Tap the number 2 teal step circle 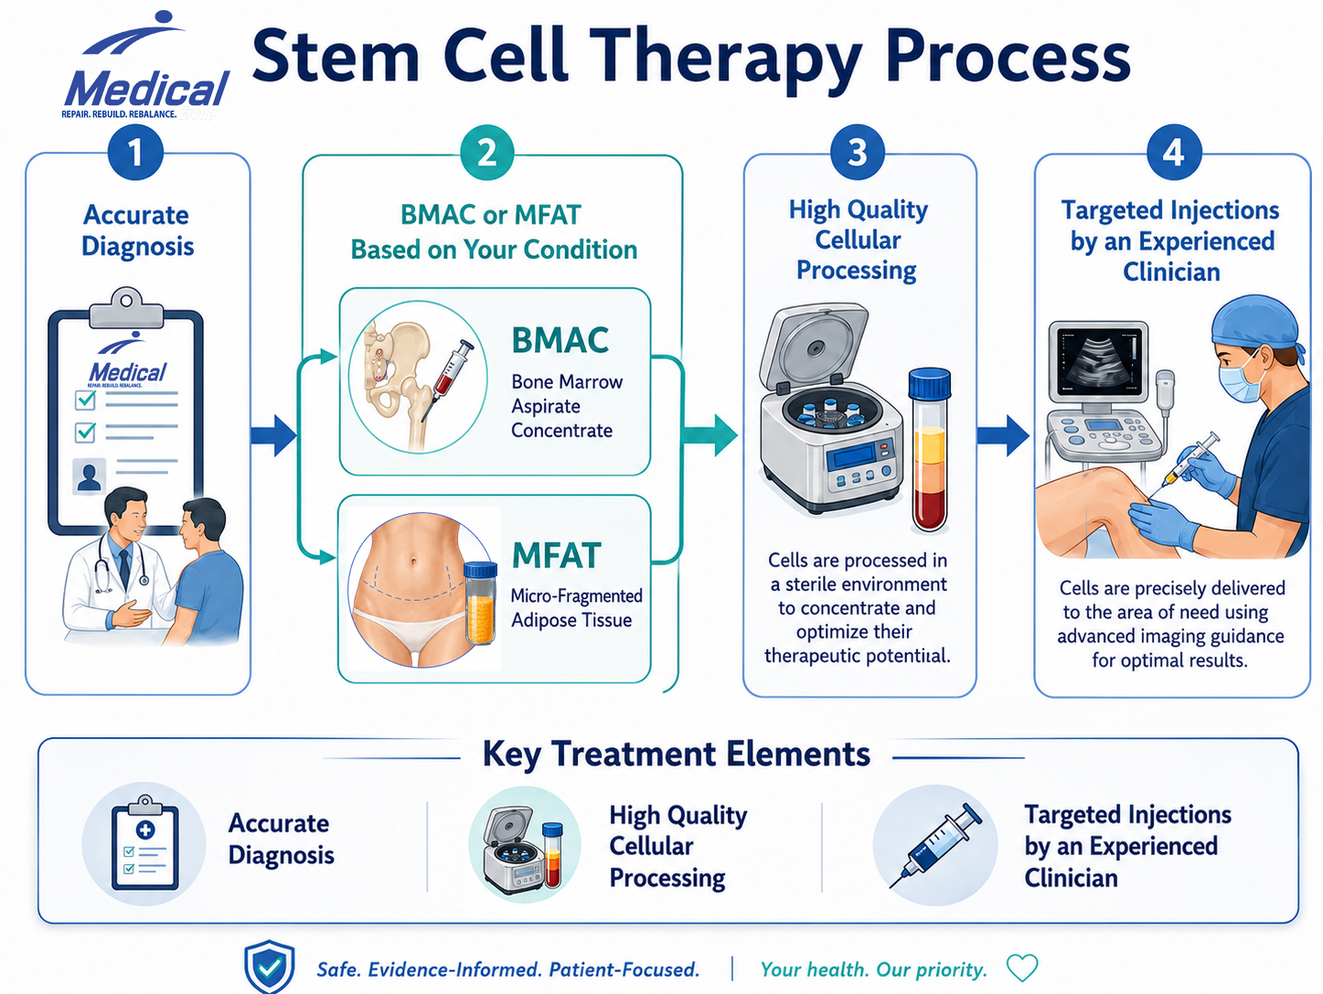pyautogui.click(x=487, y=152)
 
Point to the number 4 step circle pyautogui.click(x=1174, y=152)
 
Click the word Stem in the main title pyautogui.click(x=336, y=56)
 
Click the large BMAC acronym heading pyautogui.click(x=560, y=340)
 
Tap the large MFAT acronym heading pyautogui.click(x=556, y=555)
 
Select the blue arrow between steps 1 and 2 pyautogui.click(x=273, y=434)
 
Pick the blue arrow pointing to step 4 pyautogui.click(x=1003, y=435)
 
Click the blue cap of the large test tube pyautogui.click(x=930, y=385)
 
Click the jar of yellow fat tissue pyautogui.click(x=480, y=603)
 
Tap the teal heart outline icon pyautogui.click(x=1022, y=967)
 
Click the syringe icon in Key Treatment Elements pyautogui.click(x=935, y=846)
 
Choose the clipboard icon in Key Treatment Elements pyautogui.click(x=144, y=843)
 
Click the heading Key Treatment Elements pyautogui.click(x=677, y=754)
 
